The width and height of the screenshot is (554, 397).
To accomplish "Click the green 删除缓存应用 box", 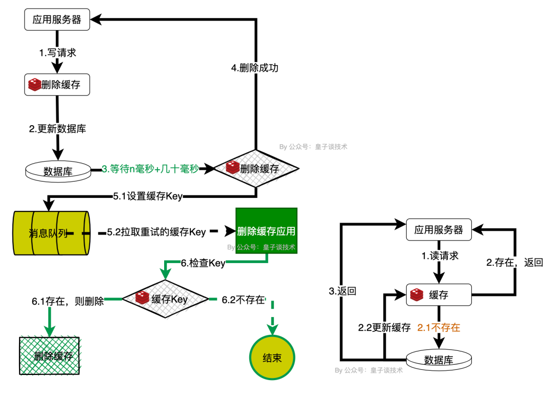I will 266,230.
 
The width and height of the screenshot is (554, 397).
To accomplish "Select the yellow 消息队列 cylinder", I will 51,233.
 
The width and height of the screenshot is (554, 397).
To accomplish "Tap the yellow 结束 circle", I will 272,357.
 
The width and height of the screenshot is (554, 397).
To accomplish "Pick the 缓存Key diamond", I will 165,299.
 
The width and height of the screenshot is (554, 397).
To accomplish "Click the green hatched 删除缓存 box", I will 49,356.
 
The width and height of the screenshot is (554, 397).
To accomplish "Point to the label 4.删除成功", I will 255,67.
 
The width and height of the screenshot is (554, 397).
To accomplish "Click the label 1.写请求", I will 58,52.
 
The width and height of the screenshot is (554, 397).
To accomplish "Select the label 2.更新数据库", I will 57,129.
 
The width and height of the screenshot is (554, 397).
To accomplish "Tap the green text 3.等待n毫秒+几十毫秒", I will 150,169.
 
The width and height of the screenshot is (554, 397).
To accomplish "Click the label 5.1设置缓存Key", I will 147,196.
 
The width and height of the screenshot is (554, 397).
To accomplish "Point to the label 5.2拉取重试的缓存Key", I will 156,232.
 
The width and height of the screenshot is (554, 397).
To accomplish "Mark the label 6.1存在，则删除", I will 68,301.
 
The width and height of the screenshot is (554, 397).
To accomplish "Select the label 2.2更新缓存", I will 384,328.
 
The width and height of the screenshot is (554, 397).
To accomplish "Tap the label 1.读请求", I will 440,256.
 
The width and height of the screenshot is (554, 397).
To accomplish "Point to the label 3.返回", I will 343,290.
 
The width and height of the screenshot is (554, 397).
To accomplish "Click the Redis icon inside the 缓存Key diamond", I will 142,297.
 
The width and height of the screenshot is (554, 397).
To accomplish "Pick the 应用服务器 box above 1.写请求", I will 57,21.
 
